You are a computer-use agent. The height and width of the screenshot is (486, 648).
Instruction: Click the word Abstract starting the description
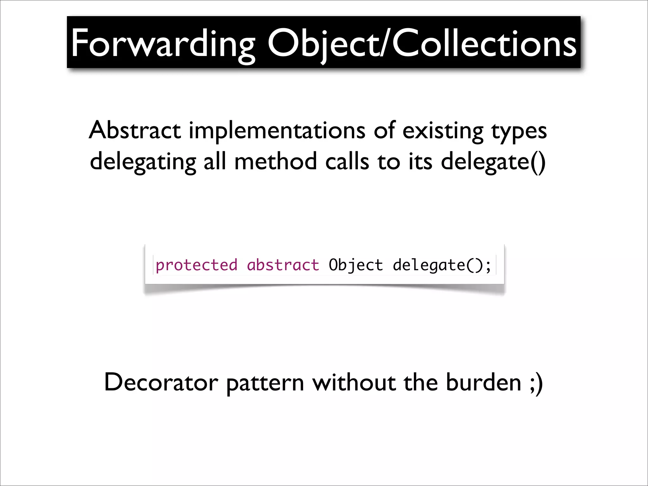click(x=135, y=130)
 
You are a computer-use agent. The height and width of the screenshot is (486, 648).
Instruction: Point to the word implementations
click(x=277, y=130)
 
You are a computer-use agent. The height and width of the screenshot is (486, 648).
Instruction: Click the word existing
click(x=443, y=130)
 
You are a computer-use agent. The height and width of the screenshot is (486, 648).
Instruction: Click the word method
click(x=275, y=161)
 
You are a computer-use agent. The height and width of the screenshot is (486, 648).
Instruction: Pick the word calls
click(x=347, y=161)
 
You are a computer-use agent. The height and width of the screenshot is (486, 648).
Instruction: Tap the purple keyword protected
click(x=196, y=265)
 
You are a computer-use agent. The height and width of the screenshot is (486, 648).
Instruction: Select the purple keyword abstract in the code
click(x=283, y=265)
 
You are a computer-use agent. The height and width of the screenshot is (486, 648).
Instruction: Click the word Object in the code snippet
click(x=356, y=265)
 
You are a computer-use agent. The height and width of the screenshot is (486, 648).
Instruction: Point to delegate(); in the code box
click(x=442, y=265)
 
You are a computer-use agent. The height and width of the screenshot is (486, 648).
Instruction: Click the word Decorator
click(x=161, y=382)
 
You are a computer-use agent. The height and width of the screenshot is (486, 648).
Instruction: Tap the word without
click(x=354, y=382)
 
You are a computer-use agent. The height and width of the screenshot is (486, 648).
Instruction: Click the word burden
click(x=483, y=382)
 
